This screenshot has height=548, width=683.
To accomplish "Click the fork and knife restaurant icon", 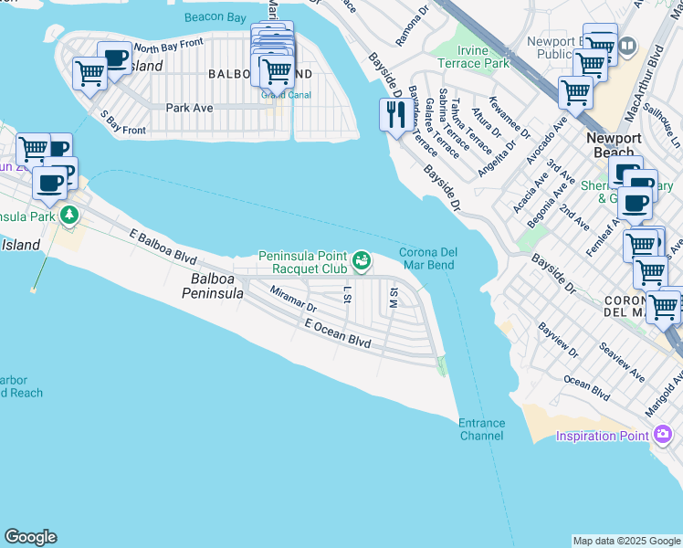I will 394,115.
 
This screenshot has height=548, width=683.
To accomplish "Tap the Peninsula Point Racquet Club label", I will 303,263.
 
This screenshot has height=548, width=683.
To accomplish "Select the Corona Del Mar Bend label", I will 427,258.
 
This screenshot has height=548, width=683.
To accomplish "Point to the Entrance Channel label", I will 481,429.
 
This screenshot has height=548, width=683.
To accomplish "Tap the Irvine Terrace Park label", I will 473,58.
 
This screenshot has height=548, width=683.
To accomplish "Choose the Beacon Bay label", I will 215,17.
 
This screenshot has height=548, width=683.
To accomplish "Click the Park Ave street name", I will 189,108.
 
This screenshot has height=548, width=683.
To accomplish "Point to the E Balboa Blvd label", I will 165,247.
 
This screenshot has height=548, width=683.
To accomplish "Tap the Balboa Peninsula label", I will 212,286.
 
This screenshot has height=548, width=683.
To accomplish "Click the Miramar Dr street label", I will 293,300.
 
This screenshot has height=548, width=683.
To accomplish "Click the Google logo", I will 30,537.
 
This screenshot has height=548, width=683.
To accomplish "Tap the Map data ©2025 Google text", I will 625,541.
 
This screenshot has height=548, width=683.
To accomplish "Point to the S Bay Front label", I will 122,123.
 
